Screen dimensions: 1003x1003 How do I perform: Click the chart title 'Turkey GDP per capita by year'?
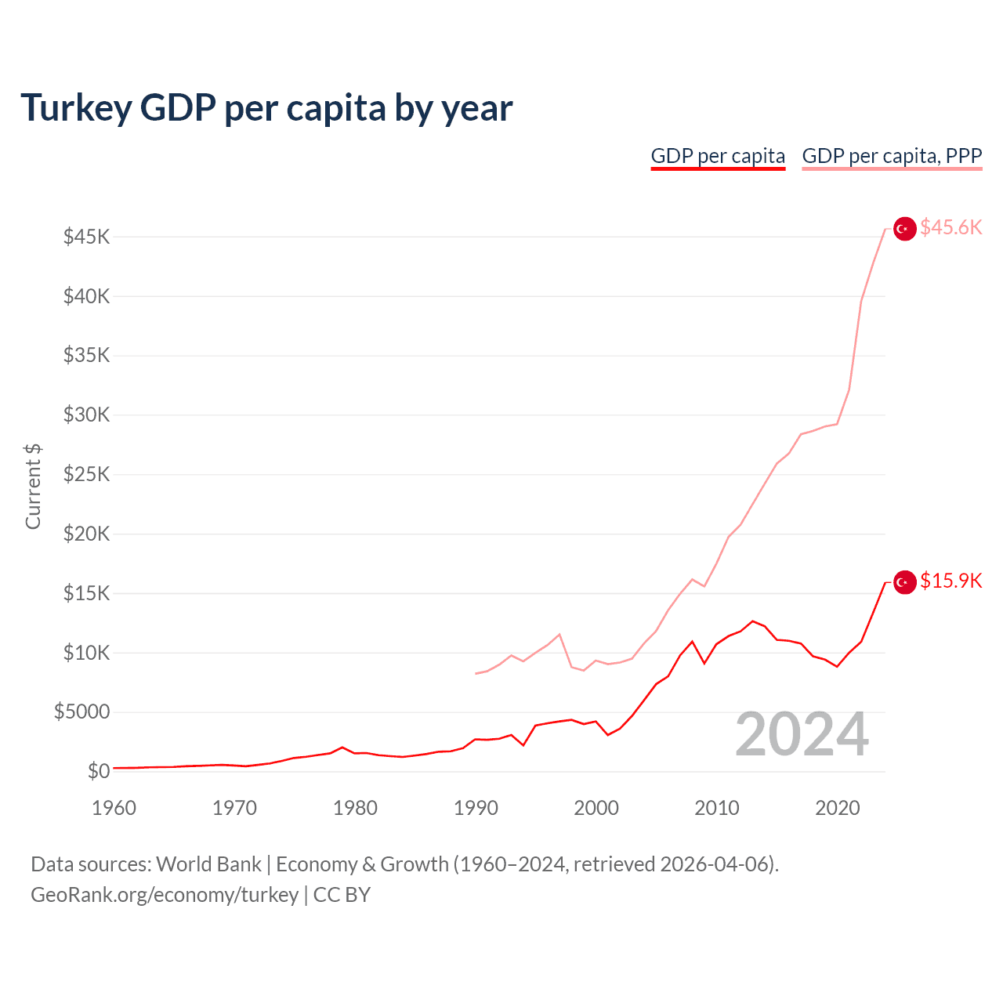pos(266,107)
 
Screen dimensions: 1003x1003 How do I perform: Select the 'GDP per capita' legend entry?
pos(718,156)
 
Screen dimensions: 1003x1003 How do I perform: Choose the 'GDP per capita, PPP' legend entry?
pos(892,156)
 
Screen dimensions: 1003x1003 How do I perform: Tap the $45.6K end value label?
pos(950,227)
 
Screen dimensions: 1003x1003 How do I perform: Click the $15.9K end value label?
pos(950,581)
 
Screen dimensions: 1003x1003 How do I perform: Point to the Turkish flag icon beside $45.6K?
pos(905,229)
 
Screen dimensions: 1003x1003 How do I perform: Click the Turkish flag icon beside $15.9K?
pos(905,582)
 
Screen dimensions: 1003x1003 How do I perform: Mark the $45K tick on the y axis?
pos(86,237)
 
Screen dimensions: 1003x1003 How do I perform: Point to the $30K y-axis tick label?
pos(86,415)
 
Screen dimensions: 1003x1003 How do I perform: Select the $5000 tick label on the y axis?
pos(81,712)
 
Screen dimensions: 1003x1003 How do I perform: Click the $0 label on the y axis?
pos(98,771)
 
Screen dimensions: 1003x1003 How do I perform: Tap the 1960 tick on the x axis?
pos(114,808)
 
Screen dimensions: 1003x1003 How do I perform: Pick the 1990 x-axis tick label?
pos(476,808)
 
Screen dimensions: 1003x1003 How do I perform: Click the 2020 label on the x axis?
pos(838,808)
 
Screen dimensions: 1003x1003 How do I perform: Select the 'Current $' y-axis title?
pos(33,486)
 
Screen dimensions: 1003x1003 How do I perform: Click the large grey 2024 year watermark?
pos(802,735)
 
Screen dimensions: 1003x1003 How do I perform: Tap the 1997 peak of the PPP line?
pos(559,635)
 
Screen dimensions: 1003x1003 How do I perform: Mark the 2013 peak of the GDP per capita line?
pos(752,621)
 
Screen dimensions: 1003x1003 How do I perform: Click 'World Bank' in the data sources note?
pos(208,864)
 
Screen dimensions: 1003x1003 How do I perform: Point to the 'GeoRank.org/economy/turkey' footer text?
pos(165,895)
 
